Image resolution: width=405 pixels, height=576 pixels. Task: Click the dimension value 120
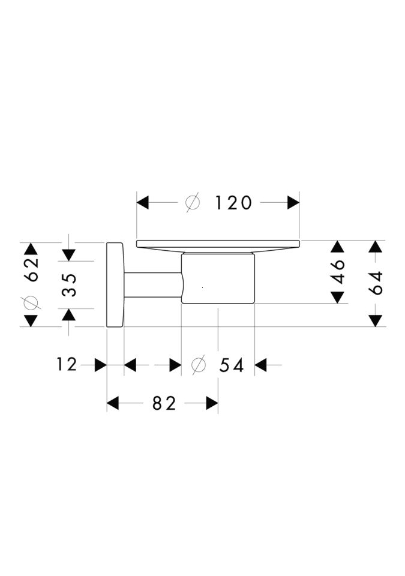[233, 203]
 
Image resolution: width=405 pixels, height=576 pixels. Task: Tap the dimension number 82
[164, 403]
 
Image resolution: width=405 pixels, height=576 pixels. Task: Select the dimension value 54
[232, 365]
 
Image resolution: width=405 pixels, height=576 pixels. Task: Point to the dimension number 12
[67, 364]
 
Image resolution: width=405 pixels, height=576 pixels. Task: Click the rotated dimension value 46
[338, 272]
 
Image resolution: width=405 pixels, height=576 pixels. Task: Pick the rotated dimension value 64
[376, 283]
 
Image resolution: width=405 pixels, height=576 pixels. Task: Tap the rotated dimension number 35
[69, 284]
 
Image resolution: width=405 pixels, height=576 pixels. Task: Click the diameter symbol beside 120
[193, 203]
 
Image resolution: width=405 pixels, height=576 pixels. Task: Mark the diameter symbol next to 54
[199, 365]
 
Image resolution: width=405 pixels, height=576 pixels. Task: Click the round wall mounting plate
[115, 284]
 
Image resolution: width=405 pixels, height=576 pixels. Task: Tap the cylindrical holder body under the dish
[218, 278]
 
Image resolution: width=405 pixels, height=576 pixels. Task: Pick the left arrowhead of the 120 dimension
[142, 202]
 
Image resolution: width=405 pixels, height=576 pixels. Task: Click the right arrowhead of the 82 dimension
[212, 403]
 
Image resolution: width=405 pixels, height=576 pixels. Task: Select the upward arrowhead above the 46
[337, 247]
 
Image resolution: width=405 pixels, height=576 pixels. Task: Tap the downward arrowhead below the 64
[375, 320]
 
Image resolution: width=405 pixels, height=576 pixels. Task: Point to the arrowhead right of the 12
[101, 365]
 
